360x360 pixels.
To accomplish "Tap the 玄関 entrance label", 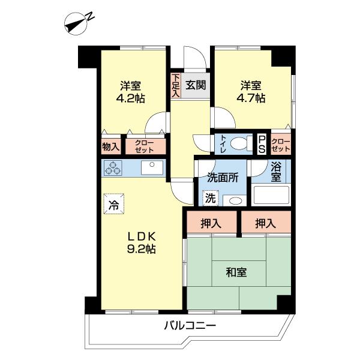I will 195,85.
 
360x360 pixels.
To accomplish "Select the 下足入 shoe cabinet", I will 176,85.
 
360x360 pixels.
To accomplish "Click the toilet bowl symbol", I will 242,144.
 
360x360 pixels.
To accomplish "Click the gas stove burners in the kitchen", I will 113,169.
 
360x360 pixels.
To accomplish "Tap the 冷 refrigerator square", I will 114,203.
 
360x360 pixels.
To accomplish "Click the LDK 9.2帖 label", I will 142,242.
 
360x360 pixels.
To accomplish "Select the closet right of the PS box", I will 281,144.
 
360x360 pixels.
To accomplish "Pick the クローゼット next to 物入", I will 145,146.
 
